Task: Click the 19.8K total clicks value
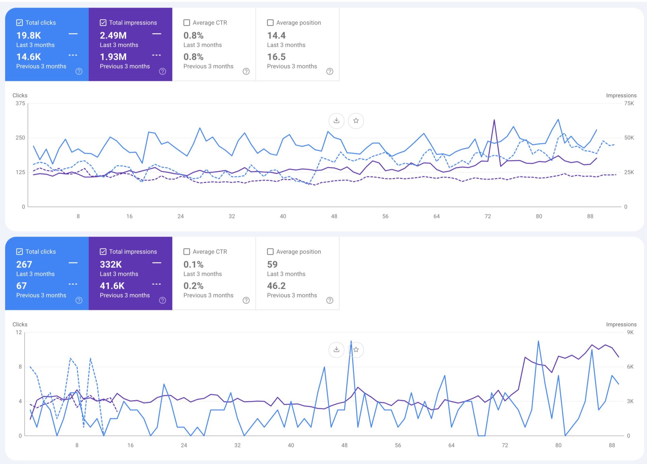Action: click(x=29, y=35)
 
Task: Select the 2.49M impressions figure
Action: click(x=113, y=35)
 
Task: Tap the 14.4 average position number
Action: click(x=276, y=35)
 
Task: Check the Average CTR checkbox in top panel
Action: click(x=187, y=23)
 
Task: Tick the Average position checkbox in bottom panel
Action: click(x=270, y=252)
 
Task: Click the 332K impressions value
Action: click(x=111, y=264)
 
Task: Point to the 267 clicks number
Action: click(x=24, y=264)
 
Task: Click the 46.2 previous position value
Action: click(x=276, y=286)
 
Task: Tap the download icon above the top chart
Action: click(x=336, y=121)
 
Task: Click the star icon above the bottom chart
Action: click(x=356, y=350)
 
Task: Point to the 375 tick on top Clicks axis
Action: click(x=20, y=103)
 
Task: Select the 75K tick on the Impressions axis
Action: click(x=629, y=103)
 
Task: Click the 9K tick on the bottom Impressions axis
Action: click(x=630, y=332)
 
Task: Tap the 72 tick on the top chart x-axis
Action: click(x=488, y=216)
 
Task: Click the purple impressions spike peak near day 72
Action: click(x=494, y=120)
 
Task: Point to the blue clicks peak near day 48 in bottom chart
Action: click(x=351, y=341)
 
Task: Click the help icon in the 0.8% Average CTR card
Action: click(x=246, y=71)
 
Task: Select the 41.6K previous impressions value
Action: click(x=112, y=286)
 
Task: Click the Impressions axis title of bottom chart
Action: click(x=621, y=324)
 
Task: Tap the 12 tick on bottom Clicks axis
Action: click(x=19, y=332)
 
